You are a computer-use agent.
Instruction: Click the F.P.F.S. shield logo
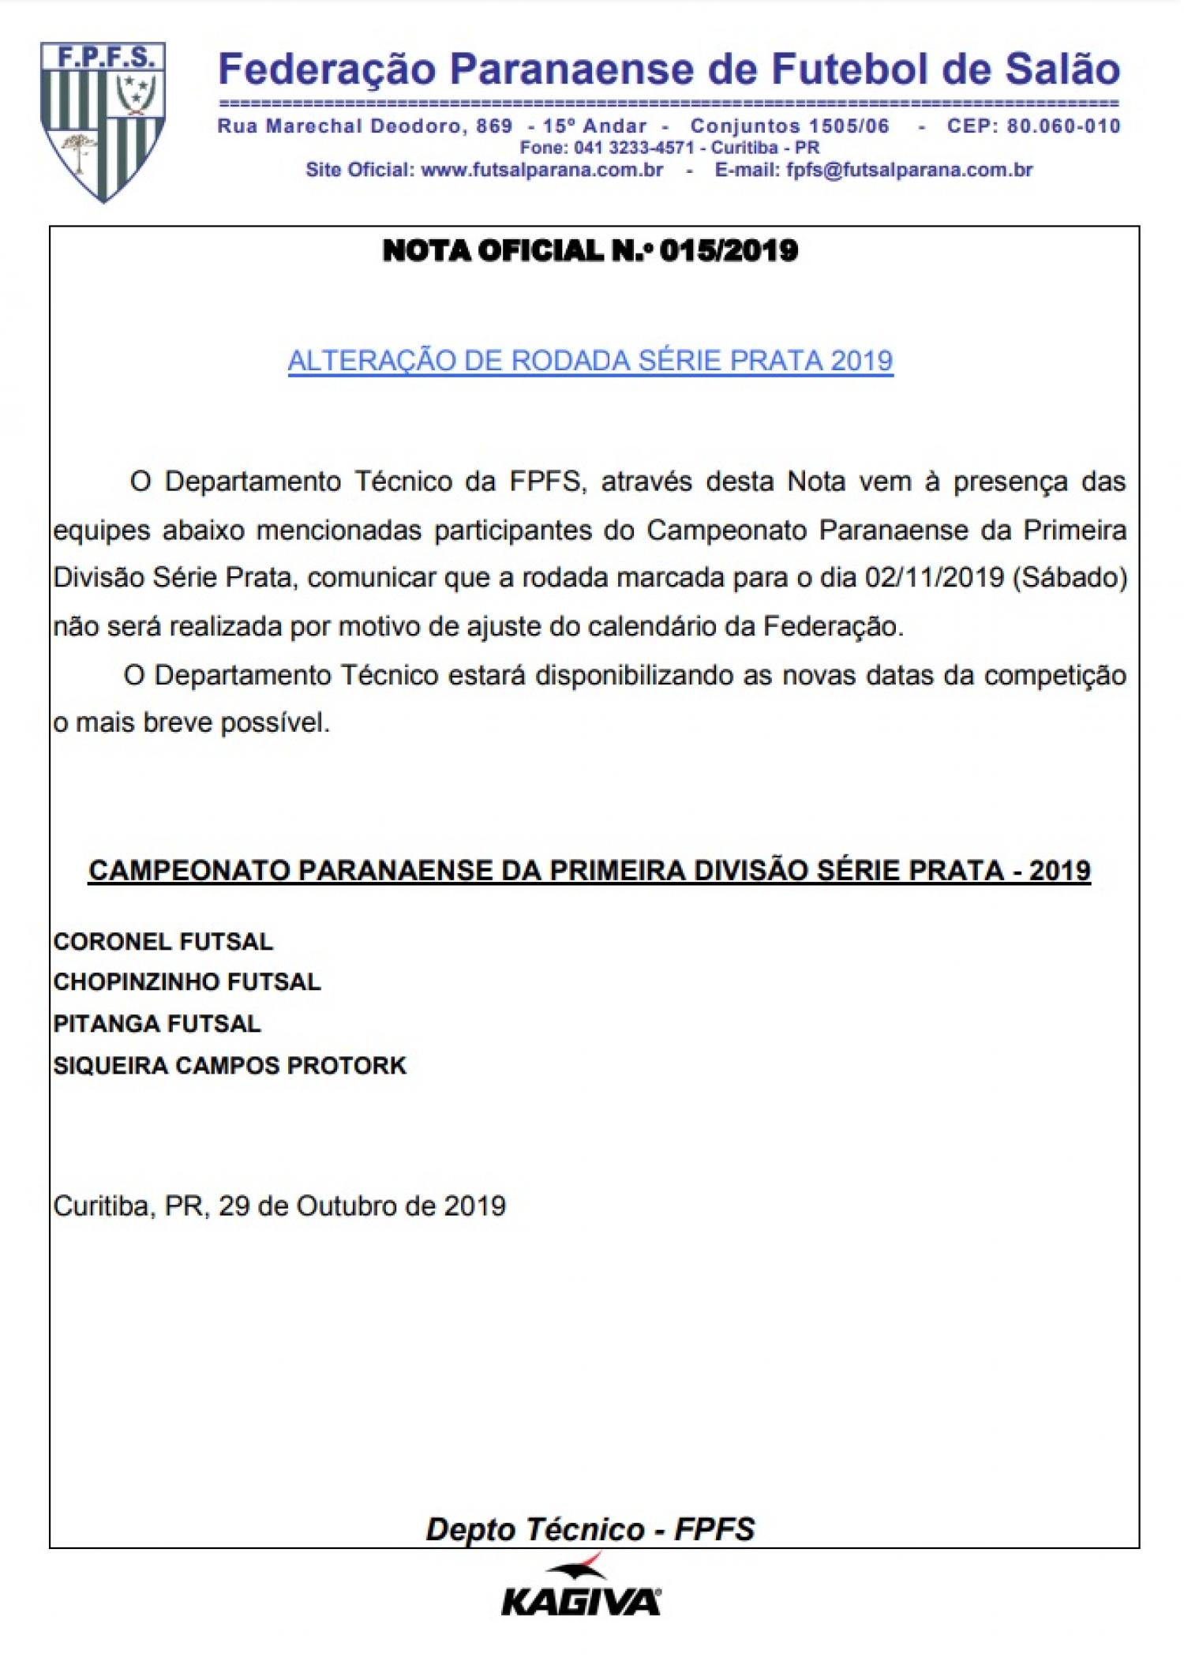(x=103, y=122)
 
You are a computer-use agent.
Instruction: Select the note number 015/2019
(x=729, y=251)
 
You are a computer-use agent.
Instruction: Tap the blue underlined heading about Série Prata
(x=590, y=361)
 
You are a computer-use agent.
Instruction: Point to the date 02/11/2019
(x=935, y=578)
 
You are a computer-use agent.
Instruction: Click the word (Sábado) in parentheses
(x=1070, y=578)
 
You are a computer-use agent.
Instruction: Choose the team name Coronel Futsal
(x=163, y=941)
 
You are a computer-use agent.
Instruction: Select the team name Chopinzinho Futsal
(x=187, y=982)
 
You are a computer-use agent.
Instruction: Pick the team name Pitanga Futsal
(x=156, y=1024)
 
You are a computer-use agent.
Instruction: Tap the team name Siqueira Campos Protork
(x=230, y=1066)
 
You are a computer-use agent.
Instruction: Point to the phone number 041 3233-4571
(x=634, y=148)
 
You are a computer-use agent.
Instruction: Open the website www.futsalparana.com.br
(x=542, y=170)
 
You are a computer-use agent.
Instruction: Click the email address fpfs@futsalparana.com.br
(x=909, y=170)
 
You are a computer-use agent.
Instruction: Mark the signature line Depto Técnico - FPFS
(x=590, y=1529)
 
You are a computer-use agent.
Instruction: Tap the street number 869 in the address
(x=494, y=126)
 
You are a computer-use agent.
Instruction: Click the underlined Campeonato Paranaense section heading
(x=590, y=870)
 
